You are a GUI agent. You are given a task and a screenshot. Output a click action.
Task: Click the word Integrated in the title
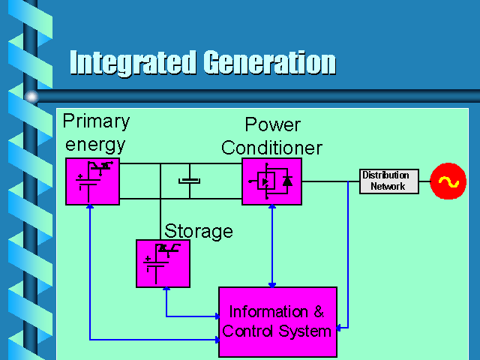click(133, 63)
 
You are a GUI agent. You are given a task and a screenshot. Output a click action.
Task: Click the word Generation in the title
click(270, 63)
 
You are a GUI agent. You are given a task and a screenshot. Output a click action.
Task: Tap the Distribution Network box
click(389, 181)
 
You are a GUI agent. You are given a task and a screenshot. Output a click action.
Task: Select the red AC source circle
click(448, 181)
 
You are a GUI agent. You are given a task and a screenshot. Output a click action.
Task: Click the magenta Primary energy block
click(92, 181)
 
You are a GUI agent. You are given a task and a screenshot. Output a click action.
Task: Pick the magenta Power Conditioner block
click(271, 181)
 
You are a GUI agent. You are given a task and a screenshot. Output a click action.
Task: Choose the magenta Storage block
click(163, 263)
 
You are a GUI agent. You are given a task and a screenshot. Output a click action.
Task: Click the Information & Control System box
click(278, 322)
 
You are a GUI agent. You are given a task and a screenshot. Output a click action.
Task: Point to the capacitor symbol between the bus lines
click(190, 181)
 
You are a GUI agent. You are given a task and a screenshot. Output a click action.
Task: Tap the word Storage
click(199, 232)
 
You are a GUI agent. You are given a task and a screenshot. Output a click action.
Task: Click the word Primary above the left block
click(97, 121)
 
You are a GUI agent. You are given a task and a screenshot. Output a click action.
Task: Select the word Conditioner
click(271, 148)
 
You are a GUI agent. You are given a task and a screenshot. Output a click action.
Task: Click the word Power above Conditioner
click(273, 124)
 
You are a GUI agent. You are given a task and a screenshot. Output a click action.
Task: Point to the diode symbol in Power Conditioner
click(287, 181)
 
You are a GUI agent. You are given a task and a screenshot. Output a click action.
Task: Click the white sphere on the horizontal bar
click(31, 97)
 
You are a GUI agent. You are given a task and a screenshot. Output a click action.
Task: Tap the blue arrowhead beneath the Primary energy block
click(90, 207)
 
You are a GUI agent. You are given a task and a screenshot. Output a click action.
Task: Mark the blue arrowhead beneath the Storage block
click(166, 289)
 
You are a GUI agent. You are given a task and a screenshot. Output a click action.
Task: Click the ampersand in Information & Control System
click(319, 312)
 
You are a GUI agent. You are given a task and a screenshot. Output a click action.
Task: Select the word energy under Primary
click(95, 145)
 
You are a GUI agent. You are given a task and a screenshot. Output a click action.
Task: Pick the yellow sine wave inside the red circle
click(448, 181)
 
